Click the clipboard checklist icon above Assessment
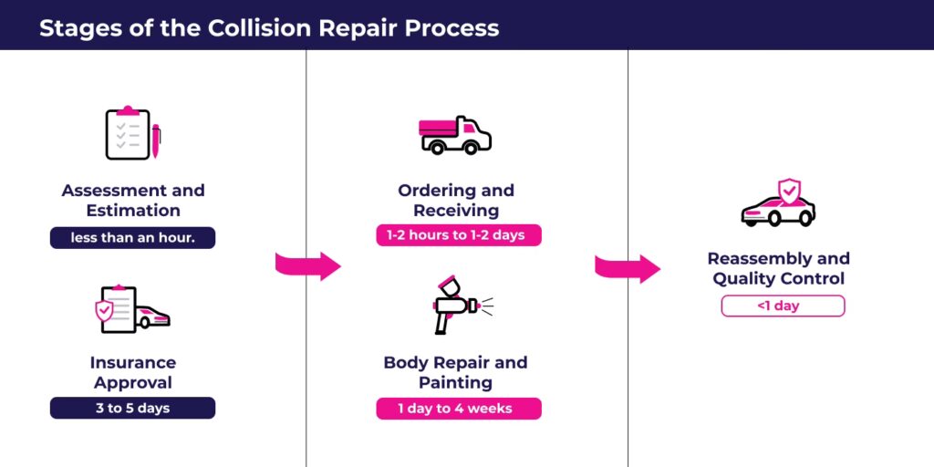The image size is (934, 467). coord(128,134)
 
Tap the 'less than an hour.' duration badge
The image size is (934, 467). coord(132,238)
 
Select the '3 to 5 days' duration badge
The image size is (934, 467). coord(132,408)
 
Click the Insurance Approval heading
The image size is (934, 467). coord(133,372)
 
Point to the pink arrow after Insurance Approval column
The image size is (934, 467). coord(307,266)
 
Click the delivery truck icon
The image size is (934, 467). coord(455,134)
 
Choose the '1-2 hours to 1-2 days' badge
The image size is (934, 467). coord(458,235)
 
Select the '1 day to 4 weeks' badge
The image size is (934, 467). coord(458,409)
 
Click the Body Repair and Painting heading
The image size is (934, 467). coord(455,372)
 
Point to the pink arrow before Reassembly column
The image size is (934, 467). coord(628,268)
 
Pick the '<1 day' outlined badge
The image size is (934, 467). coord(783,306)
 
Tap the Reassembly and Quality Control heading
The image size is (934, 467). coord(779,268)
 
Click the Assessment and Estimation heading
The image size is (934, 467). coord(133,200)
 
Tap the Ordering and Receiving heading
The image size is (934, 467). coord(456,200)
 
